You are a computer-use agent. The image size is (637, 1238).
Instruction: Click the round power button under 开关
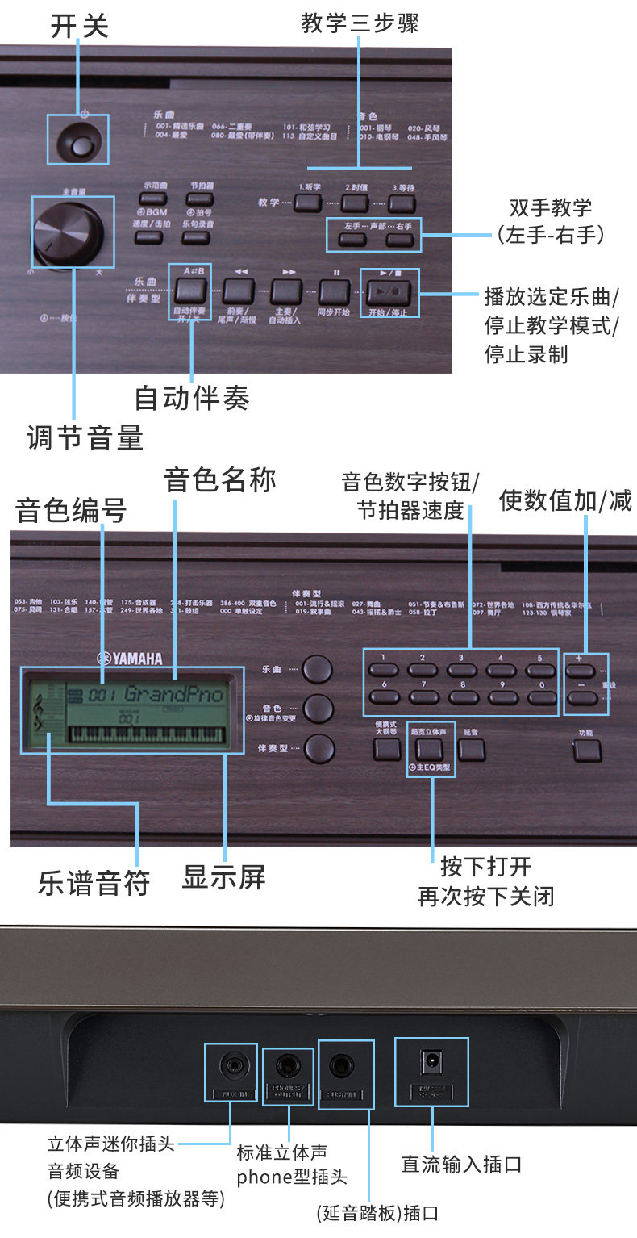point(81,146)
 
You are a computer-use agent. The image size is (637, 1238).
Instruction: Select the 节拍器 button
point(196,200)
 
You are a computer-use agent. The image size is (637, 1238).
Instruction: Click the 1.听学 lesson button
point(308,203)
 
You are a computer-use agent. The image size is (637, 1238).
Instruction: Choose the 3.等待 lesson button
point(402,203)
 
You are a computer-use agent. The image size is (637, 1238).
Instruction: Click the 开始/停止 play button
point(389,291)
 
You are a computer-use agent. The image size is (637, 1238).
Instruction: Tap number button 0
point(540,696)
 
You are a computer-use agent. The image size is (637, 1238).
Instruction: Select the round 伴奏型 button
point(318,749)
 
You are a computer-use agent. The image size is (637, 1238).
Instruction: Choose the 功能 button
point(586,751)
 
